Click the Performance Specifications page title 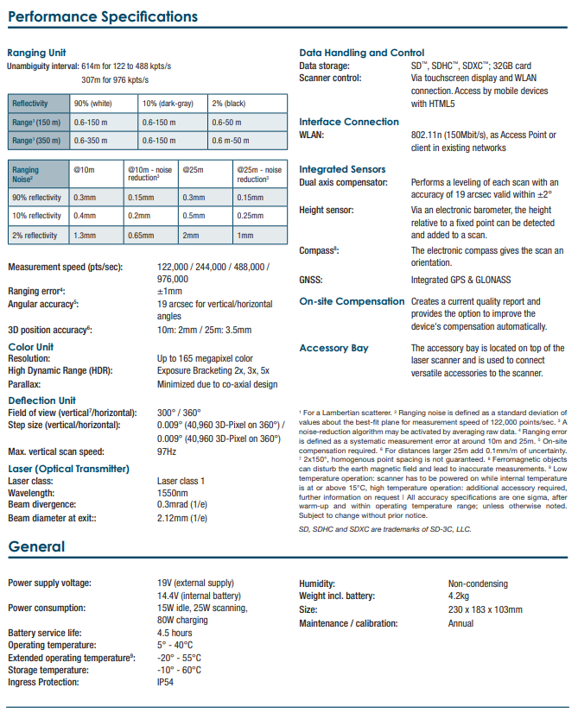103,16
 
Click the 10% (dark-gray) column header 170,104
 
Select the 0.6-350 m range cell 94,139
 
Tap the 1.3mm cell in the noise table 85,235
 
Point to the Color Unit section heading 31,347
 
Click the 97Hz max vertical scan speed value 167,451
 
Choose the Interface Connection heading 349,122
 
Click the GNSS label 311,281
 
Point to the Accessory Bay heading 333,348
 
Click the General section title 37,547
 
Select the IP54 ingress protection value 166,682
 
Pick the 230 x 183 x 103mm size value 485,609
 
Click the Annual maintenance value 460,622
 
